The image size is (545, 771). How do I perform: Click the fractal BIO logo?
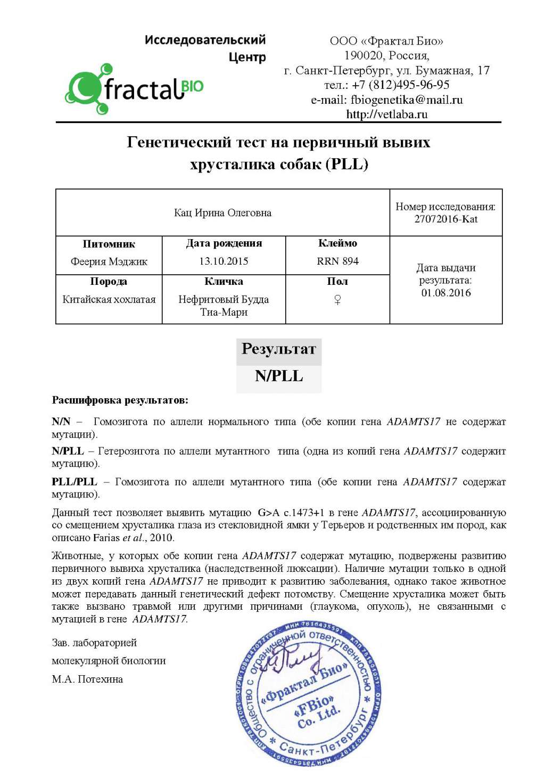[x=134, y=89]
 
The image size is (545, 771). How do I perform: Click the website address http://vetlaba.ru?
[x=386, y=114]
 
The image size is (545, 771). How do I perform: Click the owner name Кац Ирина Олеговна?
[x=222, y=213]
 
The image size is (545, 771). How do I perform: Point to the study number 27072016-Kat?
[x=446, y=219]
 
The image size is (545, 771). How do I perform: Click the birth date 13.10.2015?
[x=224, y=261]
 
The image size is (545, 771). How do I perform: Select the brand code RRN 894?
[x=337, y=261]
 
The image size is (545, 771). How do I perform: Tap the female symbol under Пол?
[x=337, y=300]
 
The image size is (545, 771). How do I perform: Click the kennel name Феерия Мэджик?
[x=109, y=261]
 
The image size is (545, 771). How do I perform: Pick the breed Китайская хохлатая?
[x=109, y=299]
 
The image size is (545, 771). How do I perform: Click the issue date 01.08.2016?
[x=446, y=292]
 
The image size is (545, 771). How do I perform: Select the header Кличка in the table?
[x=224, y=281]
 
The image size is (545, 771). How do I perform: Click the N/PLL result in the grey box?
[x=279, y=376]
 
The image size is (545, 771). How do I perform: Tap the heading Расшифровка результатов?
[x=120, y=400]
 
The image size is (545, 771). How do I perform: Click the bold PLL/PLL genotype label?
[x=75, y=482]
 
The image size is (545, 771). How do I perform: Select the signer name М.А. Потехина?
[x=87, y=679]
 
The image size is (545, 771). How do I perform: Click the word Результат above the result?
[x=279, y=349]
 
